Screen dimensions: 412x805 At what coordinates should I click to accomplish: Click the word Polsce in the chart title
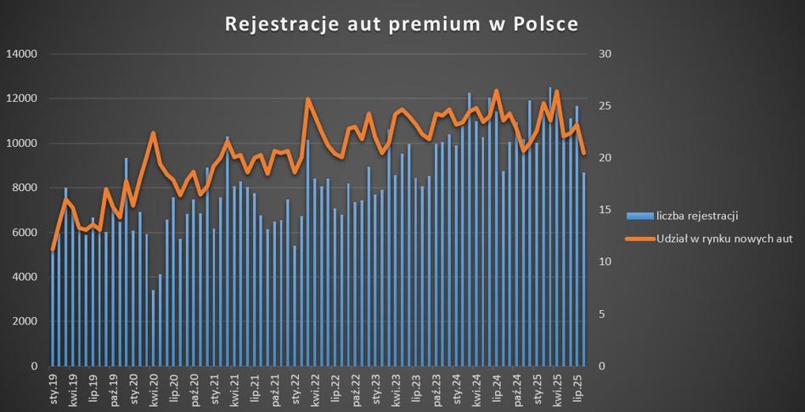(543, 25)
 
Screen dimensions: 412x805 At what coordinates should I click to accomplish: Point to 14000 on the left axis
(22, 54)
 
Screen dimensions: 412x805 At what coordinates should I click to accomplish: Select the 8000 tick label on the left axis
(25, 188)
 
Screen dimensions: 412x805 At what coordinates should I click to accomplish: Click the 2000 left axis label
(25, 321)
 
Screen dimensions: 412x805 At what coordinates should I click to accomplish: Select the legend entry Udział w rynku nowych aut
(724, 239)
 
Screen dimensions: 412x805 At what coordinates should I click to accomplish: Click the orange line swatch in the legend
(639, 239)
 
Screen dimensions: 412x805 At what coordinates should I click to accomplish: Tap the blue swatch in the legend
(639, 216)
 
